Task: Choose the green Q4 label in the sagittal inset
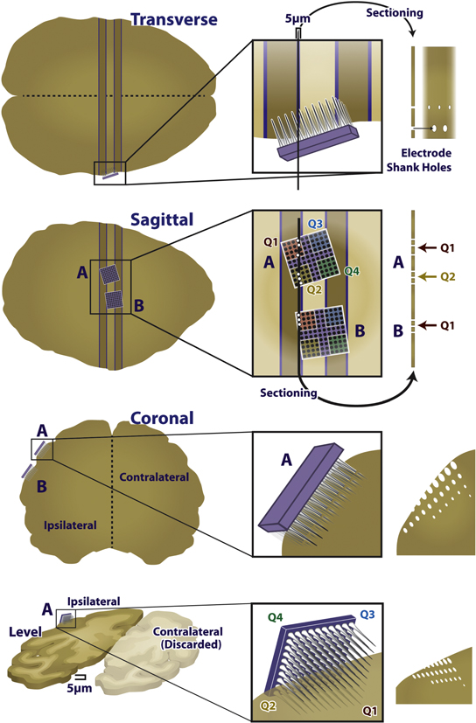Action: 352,271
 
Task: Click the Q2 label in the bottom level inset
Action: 267,702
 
